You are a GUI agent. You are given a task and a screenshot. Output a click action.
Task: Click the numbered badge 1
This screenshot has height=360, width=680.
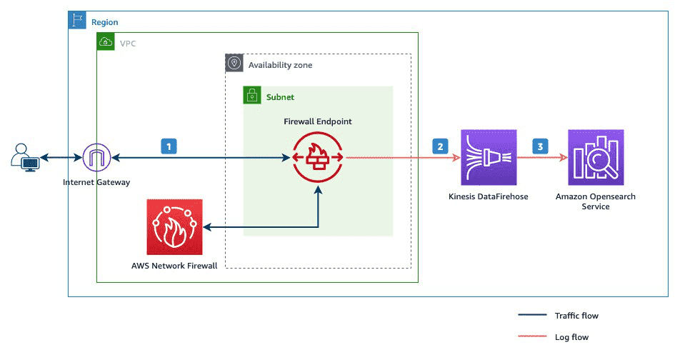tap(169, 146)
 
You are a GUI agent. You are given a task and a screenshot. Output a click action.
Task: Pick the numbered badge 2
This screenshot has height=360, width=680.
tap(440, 146)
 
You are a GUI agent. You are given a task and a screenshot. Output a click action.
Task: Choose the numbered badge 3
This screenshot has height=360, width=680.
tap(540, 146)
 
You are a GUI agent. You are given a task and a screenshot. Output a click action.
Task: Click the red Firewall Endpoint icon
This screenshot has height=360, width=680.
tap(318, 157)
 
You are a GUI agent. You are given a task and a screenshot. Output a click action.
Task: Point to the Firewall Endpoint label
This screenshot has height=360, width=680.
tap(318, 121)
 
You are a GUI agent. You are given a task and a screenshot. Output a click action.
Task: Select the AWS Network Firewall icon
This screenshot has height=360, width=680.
tap(174, 226)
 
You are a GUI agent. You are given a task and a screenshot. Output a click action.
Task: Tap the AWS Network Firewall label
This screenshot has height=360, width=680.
tap(174, 266)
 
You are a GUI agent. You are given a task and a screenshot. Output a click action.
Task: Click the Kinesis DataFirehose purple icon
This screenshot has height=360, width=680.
tap(489, 157)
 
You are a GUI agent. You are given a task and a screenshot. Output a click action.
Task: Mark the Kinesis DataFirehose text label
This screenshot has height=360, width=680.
tap(489, 196)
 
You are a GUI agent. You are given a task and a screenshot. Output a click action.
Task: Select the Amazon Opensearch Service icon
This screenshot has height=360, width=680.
tap(596, 157)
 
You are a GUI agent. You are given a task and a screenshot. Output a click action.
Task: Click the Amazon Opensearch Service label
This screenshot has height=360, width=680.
tap(596, 201)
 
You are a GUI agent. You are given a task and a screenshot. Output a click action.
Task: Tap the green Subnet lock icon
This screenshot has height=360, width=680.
tap(251, 95)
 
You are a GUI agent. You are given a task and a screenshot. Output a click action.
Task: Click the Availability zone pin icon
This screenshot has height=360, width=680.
tap(234, 63)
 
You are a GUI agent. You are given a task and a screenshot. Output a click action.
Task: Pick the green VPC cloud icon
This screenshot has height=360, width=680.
tap(105, 41)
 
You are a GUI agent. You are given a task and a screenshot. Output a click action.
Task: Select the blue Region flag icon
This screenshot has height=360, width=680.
tap(76, 20)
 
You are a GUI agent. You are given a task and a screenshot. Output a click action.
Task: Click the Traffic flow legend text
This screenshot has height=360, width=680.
tap(576, 315)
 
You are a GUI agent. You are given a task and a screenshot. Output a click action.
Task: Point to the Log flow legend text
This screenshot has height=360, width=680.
tap(571, 337)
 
